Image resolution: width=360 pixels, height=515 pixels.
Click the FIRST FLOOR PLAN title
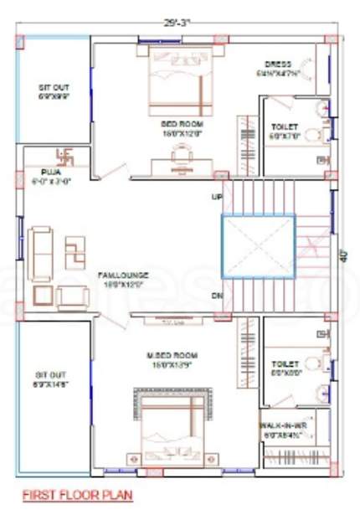(77, 494)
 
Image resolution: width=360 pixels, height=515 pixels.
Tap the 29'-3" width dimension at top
(178, 21)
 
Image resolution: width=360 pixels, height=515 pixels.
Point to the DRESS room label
(277, 64)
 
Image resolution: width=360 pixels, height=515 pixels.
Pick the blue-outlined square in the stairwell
(259, 247)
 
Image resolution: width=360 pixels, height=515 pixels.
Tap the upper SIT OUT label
(54, 86)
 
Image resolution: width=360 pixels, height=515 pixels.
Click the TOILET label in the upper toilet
(284, 127)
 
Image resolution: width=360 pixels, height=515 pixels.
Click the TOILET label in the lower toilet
(285, 364)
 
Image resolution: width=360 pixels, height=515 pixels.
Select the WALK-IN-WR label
(283, 425)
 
